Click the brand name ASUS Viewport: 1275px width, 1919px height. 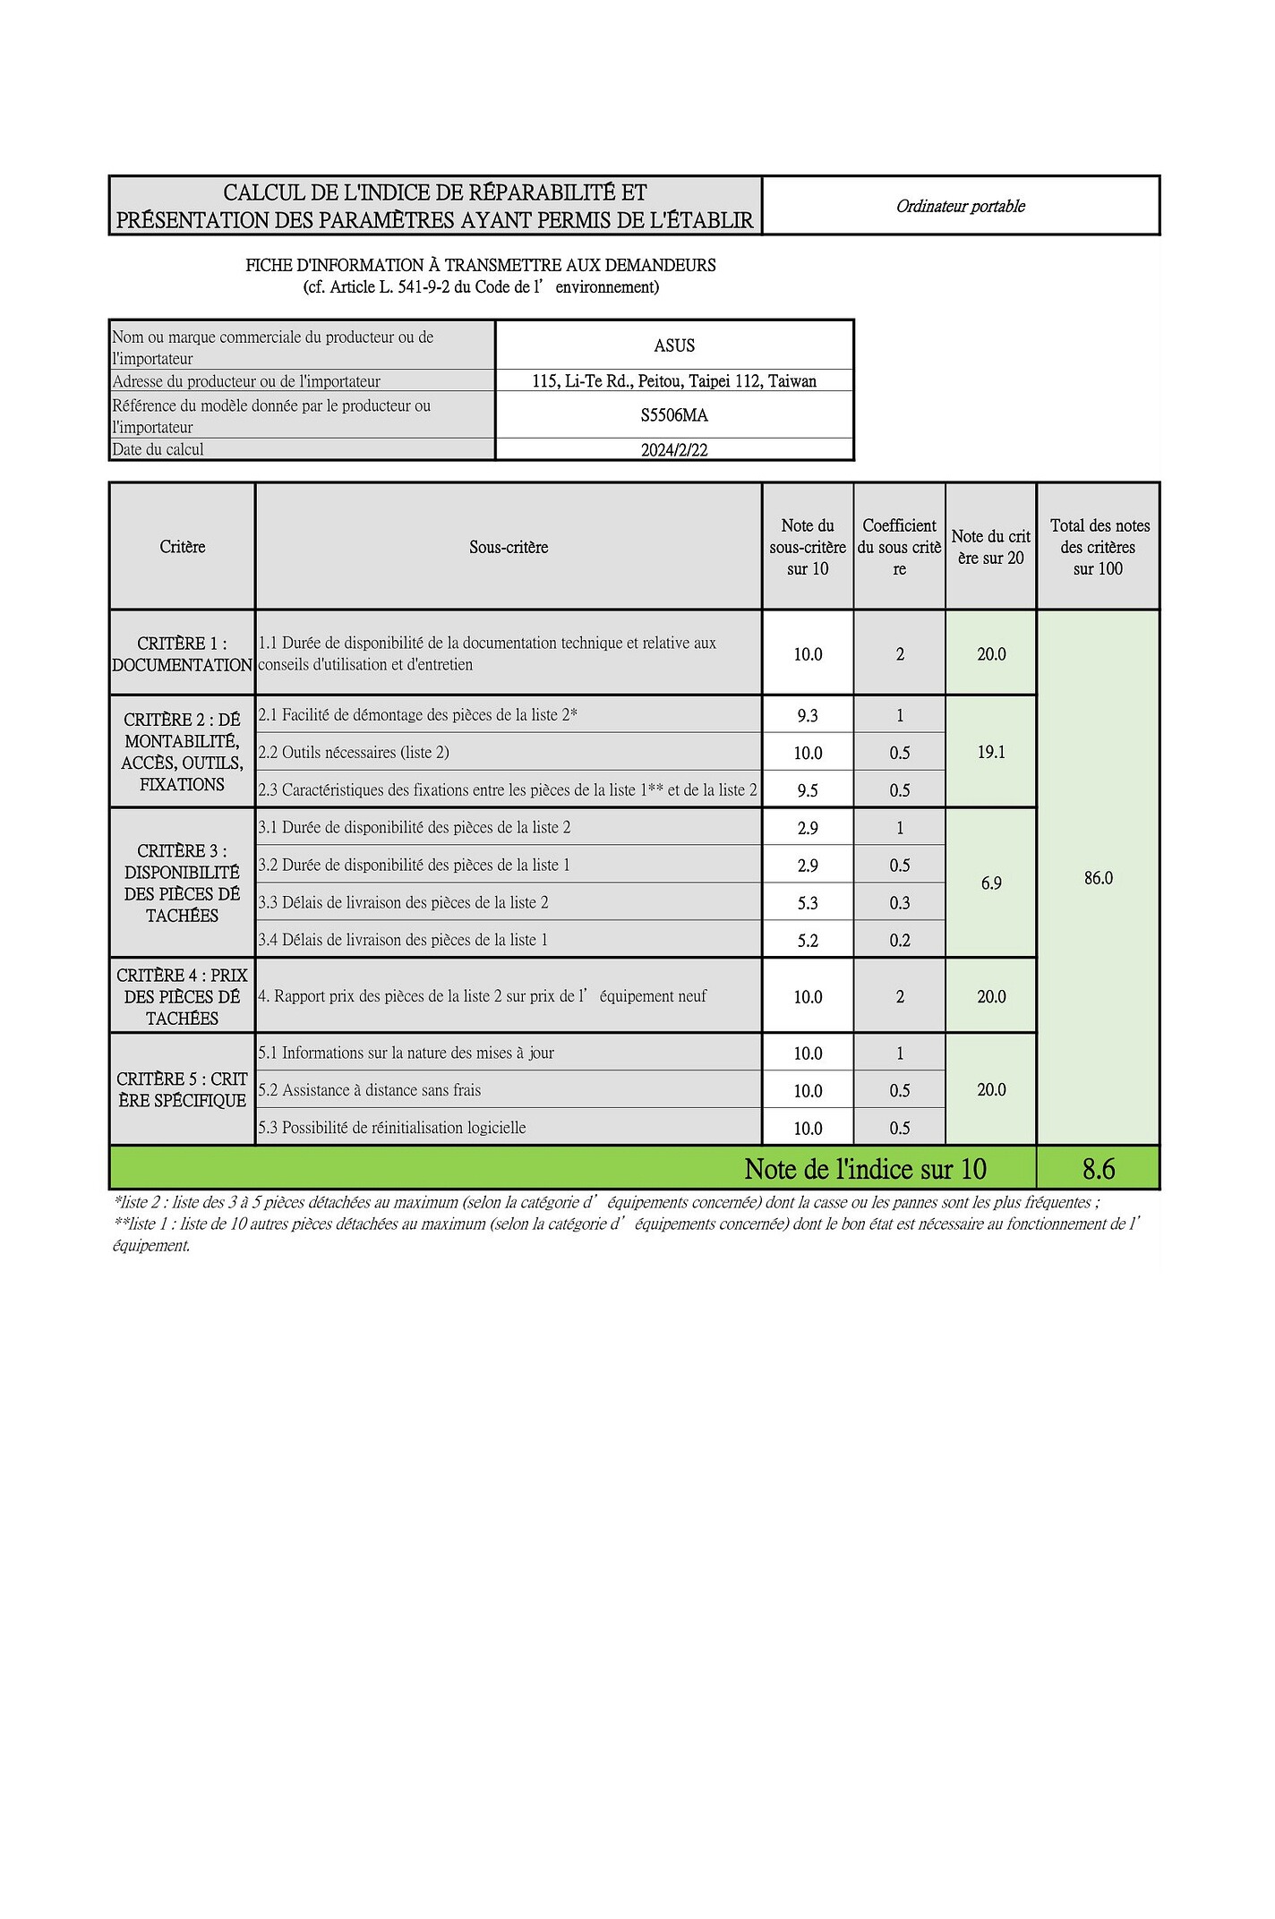click(673, 345)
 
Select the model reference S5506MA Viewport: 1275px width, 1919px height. click(673, 415)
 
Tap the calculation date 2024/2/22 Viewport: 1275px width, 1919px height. click(673, 450)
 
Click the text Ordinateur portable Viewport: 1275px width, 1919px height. click(960, 207)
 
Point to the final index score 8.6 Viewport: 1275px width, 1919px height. click(1098, 1169)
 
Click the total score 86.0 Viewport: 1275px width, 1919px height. click(1098, 878)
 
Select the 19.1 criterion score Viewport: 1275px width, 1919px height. click(990, 753)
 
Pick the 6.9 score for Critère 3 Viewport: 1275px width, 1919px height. click(990, 883)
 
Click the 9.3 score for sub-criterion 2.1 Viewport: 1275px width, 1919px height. click(807, 716)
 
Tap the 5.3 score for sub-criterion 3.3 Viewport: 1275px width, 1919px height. click(807, 903)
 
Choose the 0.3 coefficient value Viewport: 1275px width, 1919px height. click(899, 903)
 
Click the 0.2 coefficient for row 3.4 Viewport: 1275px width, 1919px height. click(899, 941)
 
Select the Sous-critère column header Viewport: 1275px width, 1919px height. click(508, 548)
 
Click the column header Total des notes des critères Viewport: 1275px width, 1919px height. click(1098, 547)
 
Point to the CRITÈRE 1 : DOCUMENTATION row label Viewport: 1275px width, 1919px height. click(182, 654)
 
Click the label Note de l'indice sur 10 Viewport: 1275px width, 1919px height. click(865, 1169)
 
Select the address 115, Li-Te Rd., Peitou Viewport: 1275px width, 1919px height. click(673, 381)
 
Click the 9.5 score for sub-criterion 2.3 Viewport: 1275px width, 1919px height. click(807, 790)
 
